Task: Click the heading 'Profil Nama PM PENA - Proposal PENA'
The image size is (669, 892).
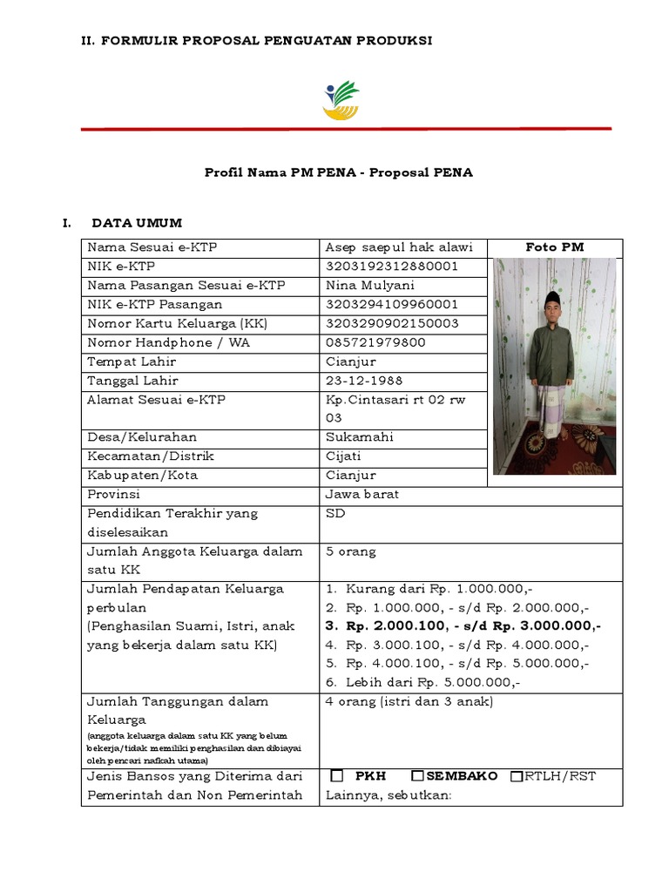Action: (x=339, y=172)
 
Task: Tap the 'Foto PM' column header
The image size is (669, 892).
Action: (x=554, y=247)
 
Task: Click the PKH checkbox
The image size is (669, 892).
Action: (x=338, y=775)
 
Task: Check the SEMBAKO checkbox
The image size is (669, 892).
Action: (x=417, y=775)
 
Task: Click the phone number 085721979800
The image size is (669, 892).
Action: (x=375, y=342)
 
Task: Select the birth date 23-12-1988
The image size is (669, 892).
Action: (x=364, y=381)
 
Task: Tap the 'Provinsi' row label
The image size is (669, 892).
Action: (x=113, y=495)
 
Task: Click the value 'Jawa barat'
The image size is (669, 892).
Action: (x=362, y=495)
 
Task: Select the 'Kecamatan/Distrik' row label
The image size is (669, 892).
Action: (x=150, y=456)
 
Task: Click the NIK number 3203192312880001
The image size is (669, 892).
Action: (x=391, y=267)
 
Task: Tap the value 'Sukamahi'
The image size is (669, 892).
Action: (x=360, y=437)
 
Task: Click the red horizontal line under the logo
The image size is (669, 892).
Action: (x=346, y=129)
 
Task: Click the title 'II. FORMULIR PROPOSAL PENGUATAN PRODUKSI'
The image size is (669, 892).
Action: (x=256, y=41)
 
